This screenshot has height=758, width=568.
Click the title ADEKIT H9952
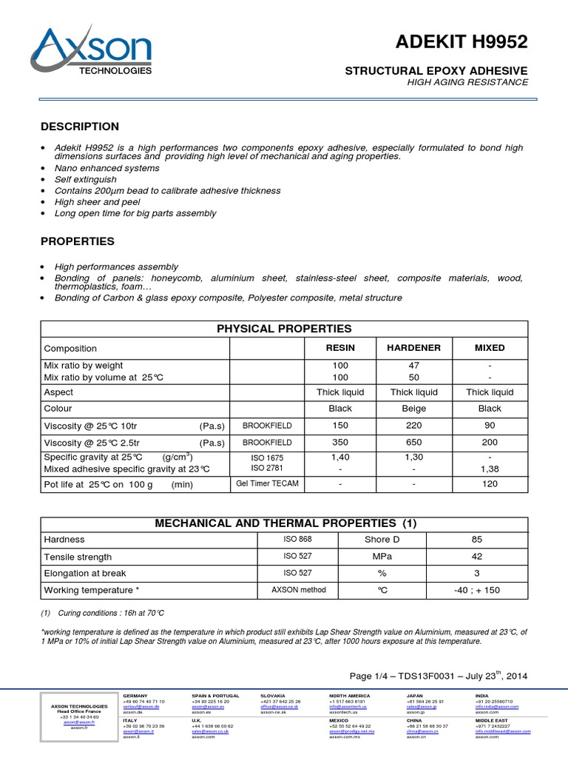tap(467, 43)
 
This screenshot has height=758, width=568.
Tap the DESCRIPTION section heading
tap(79, 127)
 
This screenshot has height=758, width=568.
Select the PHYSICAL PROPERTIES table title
tap(283, 329)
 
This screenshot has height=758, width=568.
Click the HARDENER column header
tap(413, 348)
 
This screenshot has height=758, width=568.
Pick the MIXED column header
tap(490, 348)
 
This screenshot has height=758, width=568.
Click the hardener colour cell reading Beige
tap(413, 408)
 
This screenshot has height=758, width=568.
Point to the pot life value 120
tap(490, 484)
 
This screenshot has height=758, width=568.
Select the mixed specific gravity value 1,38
tap(490, 469)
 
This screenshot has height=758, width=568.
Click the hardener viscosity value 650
tap(413, 441)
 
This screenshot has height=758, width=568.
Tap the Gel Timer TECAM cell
tap(267, 484)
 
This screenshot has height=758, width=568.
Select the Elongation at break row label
tap(85, 573)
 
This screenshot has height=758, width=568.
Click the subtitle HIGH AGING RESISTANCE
tap(467, 82)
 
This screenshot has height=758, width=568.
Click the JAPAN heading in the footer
tap(416, 697)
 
